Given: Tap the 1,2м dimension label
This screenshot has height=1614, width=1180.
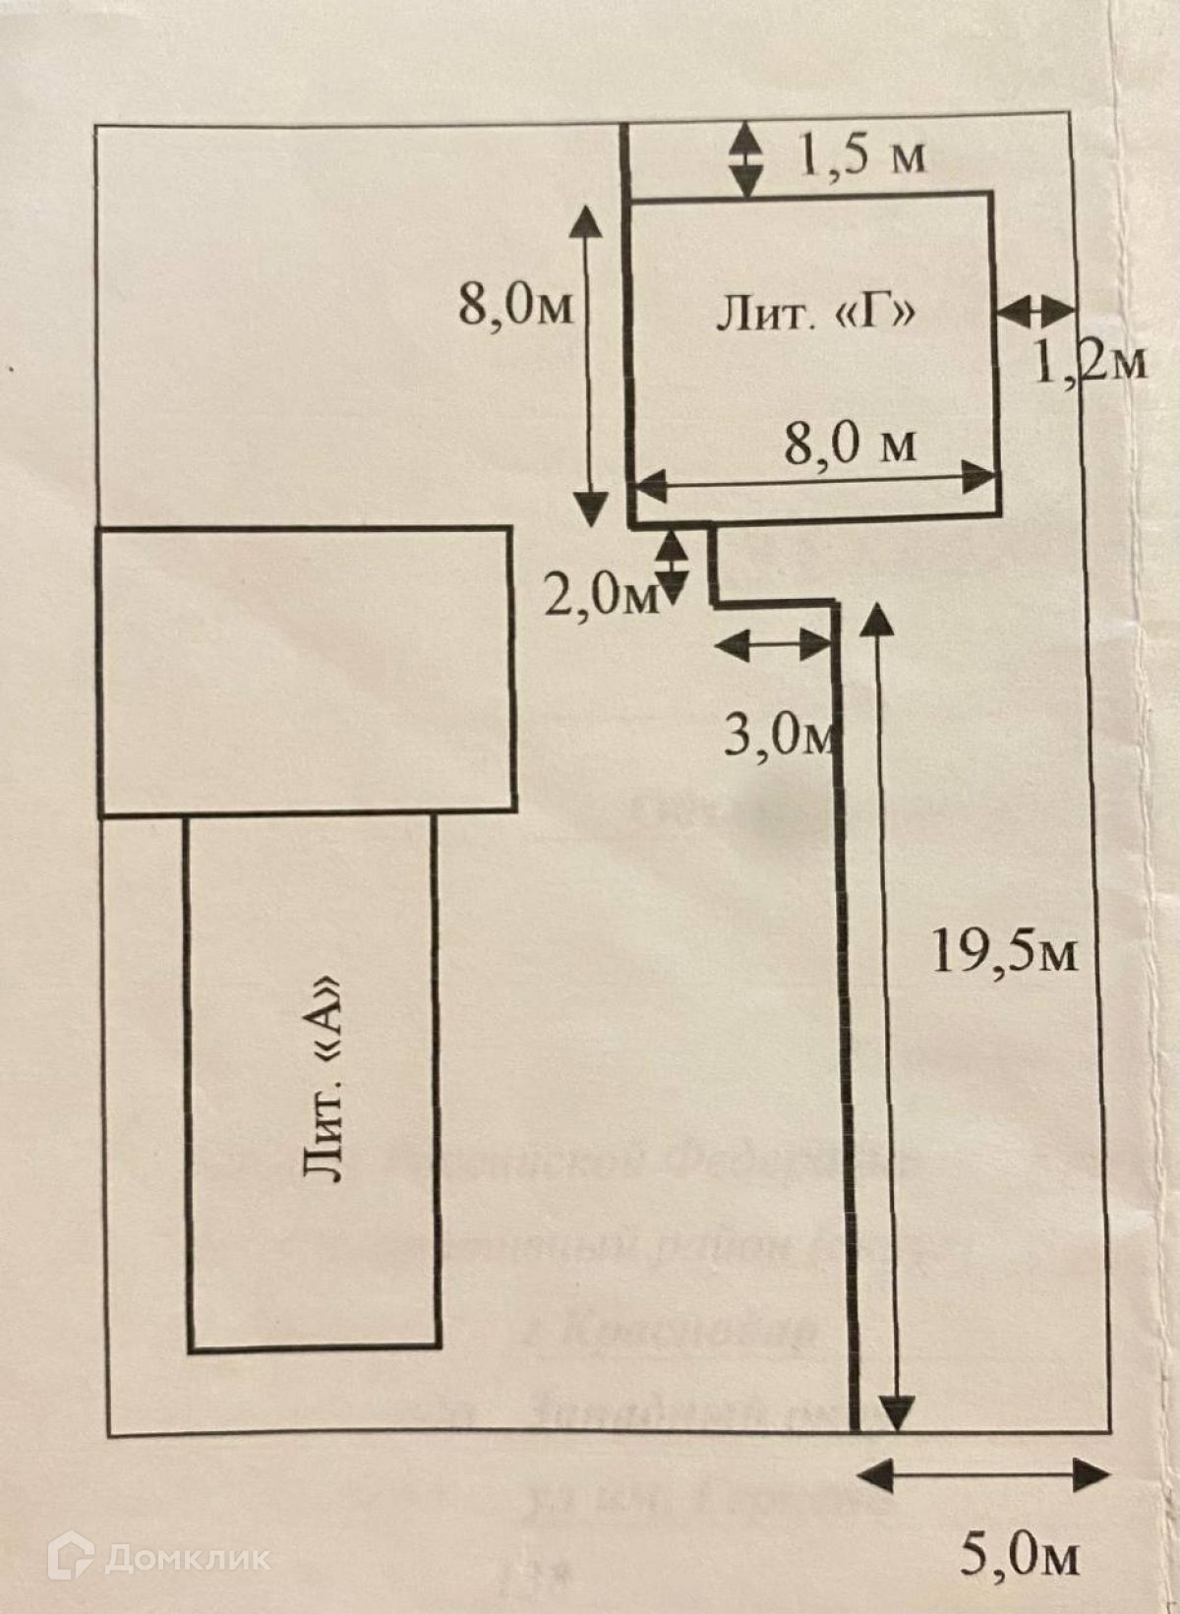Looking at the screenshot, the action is pyautogui.click(x=1090, y=364).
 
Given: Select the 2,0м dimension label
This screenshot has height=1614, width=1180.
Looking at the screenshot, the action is pyautogui.click(x=601, y=596).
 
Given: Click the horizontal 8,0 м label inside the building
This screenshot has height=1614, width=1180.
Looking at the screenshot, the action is pyautogui.click(x=850, y=445).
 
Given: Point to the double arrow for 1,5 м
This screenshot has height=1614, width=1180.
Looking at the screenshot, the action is pyautogui.click(x=746, y=158).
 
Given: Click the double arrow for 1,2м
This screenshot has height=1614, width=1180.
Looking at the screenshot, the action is pyautogui.click(x=1034, y=311).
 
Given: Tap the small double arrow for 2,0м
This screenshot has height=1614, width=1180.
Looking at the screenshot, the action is pyautogui.click(x=673, y=565).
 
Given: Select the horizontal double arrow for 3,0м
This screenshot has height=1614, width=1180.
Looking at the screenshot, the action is pyautogui.click(x=772, y=645).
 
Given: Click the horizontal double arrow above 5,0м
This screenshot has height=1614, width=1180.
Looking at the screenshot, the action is pyautogui.click(x=983, y=1474).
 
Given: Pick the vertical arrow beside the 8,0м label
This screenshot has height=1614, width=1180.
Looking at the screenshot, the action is pyautogui.click(x=589, y=364).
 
